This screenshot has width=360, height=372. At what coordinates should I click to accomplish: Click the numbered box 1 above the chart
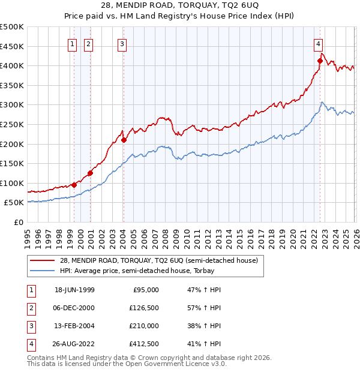pos(72,43)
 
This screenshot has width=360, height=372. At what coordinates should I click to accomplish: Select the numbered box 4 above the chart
pos(318,43)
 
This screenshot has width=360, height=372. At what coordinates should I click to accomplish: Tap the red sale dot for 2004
pos(124,140)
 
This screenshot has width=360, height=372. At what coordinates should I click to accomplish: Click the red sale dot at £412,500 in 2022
pos(320,61)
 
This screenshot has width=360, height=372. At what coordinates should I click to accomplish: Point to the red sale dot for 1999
pos(74,185)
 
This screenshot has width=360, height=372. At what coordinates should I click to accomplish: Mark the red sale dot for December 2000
pos(90,173)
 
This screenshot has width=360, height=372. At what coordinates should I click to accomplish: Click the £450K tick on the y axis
pos(12,46)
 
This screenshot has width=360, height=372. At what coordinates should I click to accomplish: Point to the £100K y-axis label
pos(12,183)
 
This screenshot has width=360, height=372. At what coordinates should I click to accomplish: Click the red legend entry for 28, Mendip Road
pos(158,260)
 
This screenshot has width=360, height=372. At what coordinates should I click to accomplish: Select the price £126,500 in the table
pos(145,308)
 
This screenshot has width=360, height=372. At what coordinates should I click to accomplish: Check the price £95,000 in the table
pos(146,290)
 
